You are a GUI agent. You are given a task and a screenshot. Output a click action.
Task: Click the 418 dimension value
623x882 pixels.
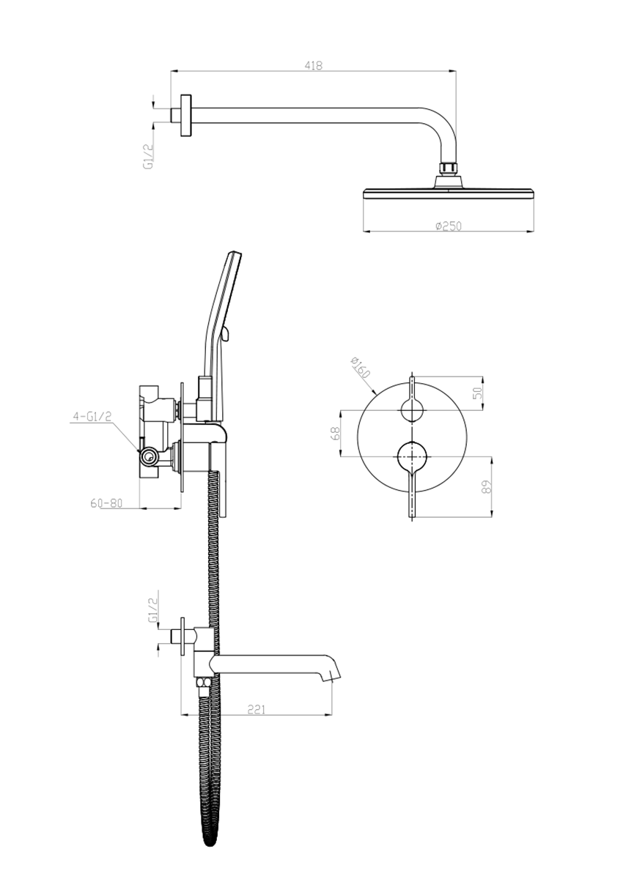click(x=314, y=65)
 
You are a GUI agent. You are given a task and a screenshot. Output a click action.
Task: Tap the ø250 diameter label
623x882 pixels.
click(x=449, y=226)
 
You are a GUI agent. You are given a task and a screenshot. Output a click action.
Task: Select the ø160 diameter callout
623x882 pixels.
click(x=360, y=367)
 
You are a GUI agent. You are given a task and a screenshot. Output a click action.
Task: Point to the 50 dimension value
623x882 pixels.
click(x=478, y=393)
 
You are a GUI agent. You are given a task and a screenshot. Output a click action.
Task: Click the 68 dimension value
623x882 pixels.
click(x=336, y=434)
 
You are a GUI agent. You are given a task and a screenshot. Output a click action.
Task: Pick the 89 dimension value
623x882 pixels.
click(x=487, y=486)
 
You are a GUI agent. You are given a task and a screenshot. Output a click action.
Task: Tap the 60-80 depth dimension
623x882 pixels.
click(x=106, y=503)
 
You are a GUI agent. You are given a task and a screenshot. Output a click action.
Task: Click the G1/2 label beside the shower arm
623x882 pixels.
click(x=148, y=156)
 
